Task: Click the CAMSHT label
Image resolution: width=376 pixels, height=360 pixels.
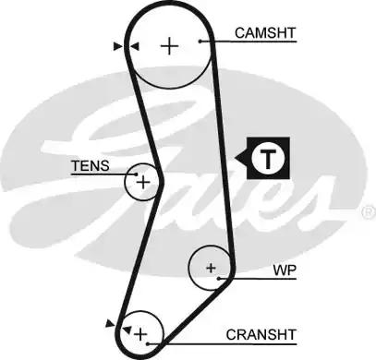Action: tap(264, 33)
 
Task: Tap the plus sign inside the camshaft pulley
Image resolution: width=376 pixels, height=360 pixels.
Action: tap(169, 46)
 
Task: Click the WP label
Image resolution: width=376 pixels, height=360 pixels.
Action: tap(283, 272)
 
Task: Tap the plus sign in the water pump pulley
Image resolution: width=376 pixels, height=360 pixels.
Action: tap(212, 269)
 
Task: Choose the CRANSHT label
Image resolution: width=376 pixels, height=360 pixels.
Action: tap(264, 334)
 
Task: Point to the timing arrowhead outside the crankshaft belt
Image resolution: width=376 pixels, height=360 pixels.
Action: tap(113, 322)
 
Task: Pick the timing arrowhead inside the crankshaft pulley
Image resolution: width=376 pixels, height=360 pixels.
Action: tap(127, 325)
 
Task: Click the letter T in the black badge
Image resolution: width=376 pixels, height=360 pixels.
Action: tap(267, 159)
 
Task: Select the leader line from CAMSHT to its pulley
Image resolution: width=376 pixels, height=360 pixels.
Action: tap(214, 41)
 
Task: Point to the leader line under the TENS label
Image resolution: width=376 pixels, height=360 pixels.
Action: tap(103, 174)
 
